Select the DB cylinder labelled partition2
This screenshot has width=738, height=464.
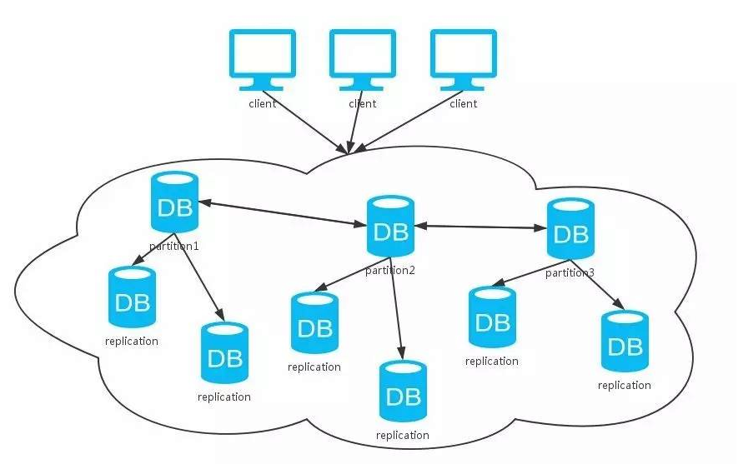click(390, 226)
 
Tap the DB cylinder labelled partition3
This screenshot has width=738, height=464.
click(570, 228)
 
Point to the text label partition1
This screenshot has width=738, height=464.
click(174, 247)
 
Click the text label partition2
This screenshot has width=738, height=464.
click(390, 270)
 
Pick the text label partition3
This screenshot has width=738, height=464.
click(570, 272)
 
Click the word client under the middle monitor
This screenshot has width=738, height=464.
click(363, 104)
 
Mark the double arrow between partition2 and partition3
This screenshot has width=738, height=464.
click(480, 226)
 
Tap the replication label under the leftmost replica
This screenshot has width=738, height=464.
click(132, 341)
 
